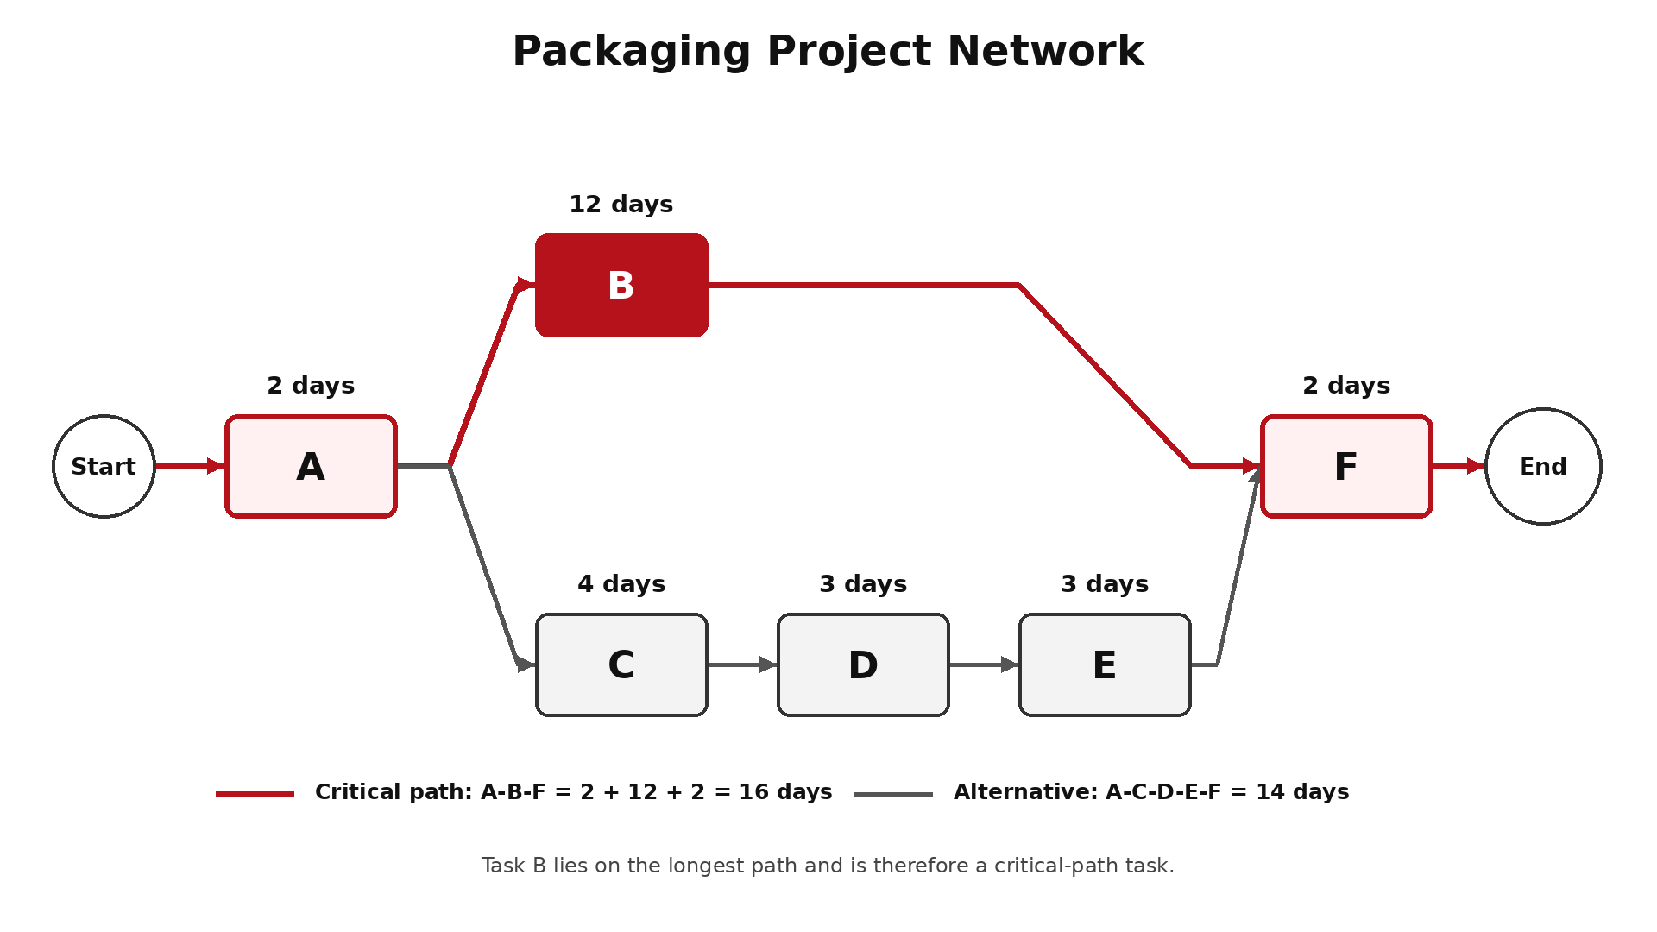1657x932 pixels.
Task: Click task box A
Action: click(x=311, y=466)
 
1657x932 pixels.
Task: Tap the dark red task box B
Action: click(x=621, y=285)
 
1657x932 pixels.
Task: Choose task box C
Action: click(x=621, y=664)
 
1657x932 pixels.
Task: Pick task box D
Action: click(x=863, y=664)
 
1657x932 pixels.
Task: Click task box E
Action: click(x=1105, y=664)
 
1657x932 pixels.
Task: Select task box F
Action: click(x=1346, y=466)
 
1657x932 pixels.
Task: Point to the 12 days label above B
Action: click(x=621, y=205)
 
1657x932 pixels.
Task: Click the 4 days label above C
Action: click(x=621, y=584)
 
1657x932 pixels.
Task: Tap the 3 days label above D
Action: click(x=863, y=584)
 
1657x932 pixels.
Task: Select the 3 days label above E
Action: click(x=1105, y=584)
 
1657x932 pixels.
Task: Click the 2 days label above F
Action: click(x=1346, y=386)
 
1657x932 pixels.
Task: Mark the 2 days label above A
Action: click(x=311, y=386)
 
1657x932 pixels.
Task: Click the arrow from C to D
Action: click(x=742, y=664)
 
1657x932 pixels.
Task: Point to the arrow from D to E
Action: click(x=984, y=664)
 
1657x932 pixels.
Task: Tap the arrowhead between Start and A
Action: click(x=216, y=466)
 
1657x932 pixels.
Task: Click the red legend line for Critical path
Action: click(x=255, y=794)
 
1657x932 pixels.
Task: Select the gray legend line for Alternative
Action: click(x=893, y=794)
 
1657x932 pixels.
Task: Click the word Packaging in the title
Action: click(x=632, y=52)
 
